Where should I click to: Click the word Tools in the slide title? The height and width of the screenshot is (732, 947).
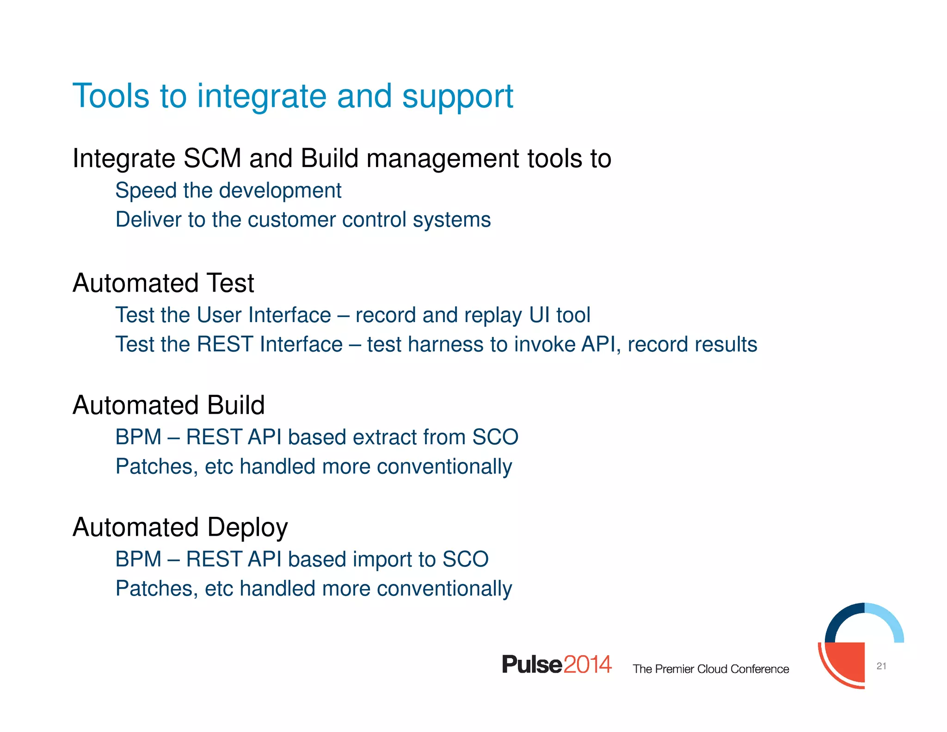(111, 96)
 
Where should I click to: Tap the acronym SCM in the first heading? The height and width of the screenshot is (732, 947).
(212, 158)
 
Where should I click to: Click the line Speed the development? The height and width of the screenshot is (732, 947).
(228, 191)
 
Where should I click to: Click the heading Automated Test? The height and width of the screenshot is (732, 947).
(163, 283)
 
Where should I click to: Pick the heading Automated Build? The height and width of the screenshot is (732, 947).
(169, 405)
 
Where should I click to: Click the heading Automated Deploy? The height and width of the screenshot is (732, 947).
(180, 527)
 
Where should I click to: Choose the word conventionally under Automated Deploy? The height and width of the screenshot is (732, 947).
(444, 589)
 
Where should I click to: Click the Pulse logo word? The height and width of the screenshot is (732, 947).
(532, 664)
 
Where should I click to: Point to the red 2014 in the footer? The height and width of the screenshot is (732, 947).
(587, 664)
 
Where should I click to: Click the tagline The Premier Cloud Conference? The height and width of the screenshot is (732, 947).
(711, 669)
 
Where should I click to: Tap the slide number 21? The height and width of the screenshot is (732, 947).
(881, 666)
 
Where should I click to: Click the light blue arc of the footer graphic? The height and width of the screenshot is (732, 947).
(890, 618)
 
